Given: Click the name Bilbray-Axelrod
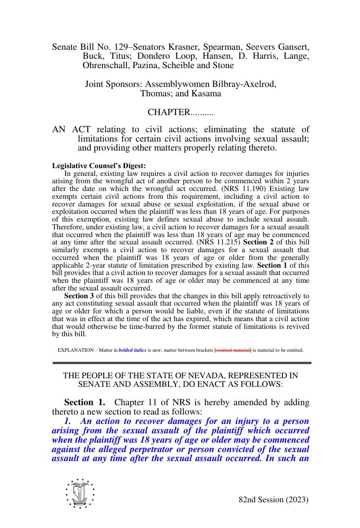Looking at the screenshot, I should point(244,84).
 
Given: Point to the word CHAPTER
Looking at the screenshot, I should point(169,112).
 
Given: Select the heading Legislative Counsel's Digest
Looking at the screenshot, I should point(99,166).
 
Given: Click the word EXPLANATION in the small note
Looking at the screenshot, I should point(75,350).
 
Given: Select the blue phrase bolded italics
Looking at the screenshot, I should point(132,350).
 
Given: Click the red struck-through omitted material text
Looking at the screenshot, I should point(233,350).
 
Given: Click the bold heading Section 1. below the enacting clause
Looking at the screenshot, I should point(84,402).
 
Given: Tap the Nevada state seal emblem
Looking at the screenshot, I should point(80,494).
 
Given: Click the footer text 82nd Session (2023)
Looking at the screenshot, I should point(273,500).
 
